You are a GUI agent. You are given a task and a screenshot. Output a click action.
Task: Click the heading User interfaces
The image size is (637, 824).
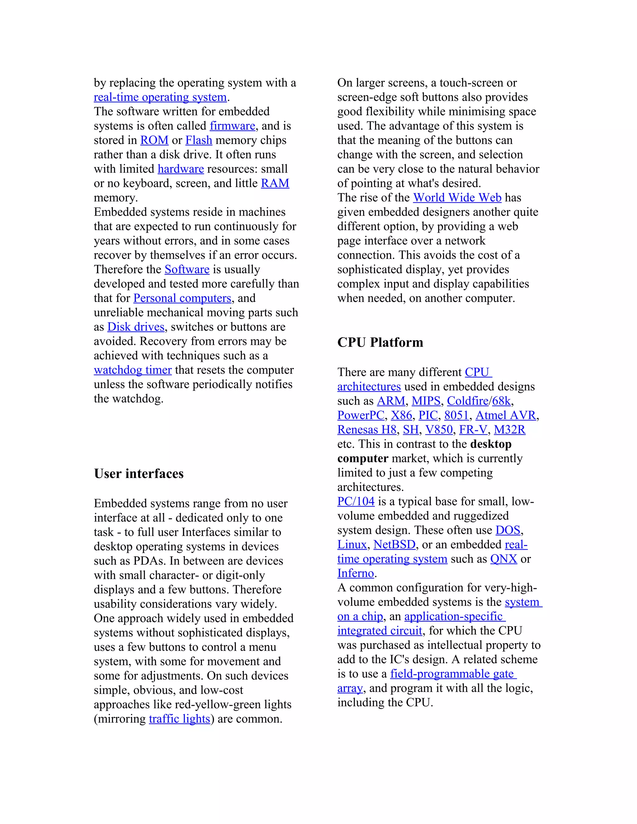point(138,474)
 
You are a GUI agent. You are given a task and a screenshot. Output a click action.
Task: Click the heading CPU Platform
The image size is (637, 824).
point(380,342)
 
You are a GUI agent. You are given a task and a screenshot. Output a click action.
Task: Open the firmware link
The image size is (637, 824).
point(232,126)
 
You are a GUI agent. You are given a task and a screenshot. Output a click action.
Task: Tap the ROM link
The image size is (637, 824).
point(154,140)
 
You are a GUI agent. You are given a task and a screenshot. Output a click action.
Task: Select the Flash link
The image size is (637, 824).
point(198,140)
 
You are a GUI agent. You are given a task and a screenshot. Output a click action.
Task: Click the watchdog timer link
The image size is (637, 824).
point(133,370)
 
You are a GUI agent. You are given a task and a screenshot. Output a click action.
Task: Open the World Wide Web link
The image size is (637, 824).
point(457,197)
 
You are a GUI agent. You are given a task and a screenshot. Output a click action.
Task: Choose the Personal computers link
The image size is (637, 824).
point(182,298)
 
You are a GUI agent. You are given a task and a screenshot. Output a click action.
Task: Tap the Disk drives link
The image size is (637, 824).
point(136,327)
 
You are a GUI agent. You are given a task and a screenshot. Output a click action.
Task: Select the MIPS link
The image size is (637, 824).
point(426,401)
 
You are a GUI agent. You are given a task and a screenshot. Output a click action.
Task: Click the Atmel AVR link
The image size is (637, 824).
point(506,415)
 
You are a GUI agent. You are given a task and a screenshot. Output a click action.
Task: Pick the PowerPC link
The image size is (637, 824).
point(361,415)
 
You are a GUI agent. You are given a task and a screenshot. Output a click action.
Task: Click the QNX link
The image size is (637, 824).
point(504,559)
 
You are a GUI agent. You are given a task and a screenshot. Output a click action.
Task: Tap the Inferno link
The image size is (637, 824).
point(356,573)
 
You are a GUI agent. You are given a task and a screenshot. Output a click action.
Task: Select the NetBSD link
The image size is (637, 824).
point(394,544)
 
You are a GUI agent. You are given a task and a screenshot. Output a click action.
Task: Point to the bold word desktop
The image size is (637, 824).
point(491,444)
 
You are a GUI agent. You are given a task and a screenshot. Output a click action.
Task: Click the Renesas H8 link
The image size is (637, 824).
point(367,429)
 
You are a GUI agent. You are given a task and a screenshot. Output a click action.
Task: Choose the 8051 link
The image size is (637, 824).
point(456,415)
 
